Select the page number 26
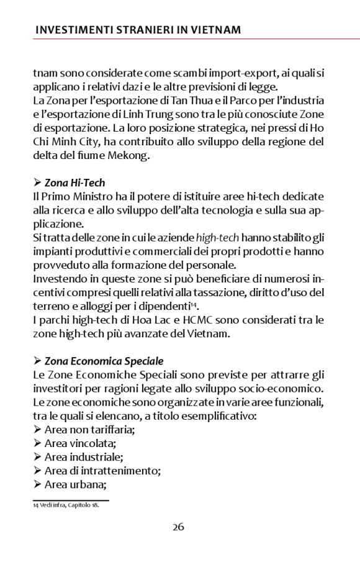[x=178, y=527]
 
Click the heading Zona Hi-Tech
[x=74, y=183]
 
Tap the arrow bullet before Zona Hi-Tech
[x=37, y=183]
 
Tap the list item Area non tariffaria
[x=89, y=430]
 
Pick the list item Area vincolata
[x=80, y=443]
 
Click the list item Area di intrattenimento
[x=102, y=471]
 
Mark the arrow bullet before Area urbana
[x=37, y=484]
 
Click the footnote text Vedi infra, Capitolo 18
[x=68, y=505]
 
